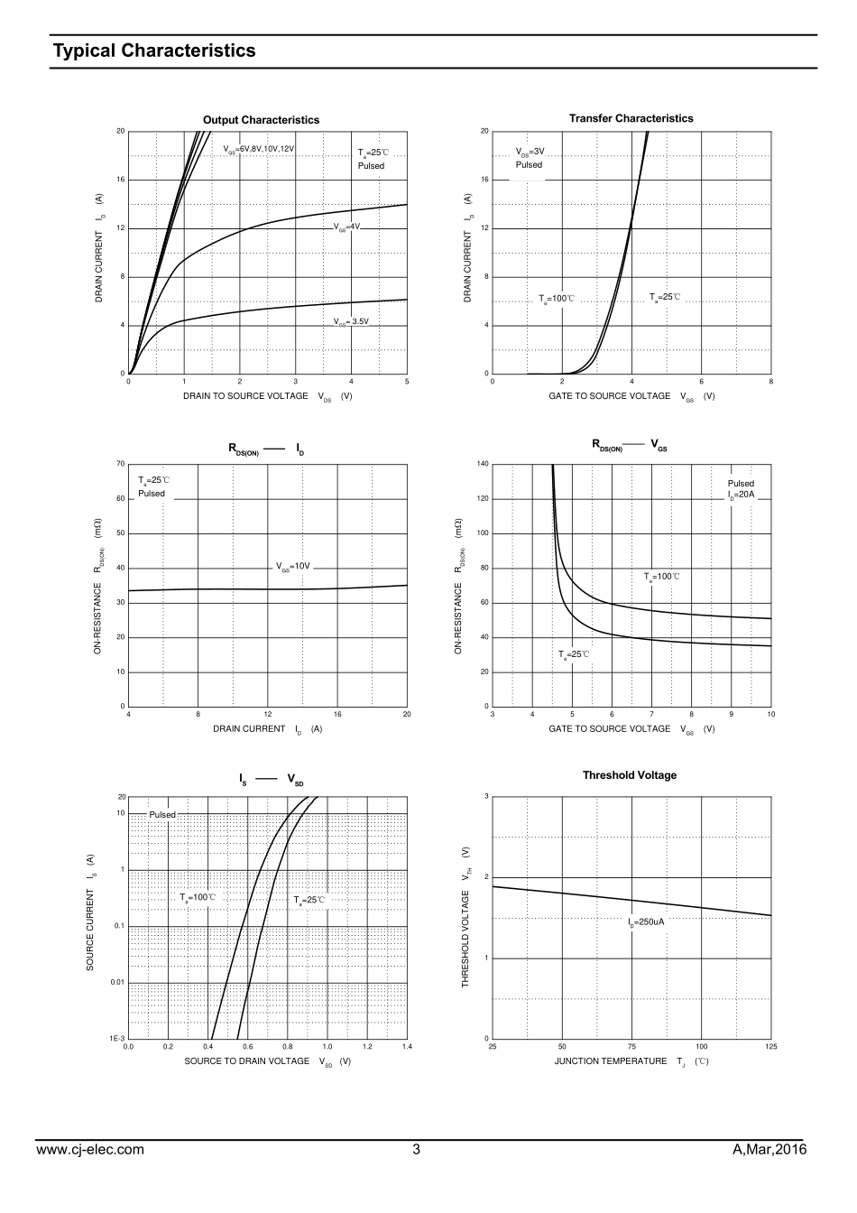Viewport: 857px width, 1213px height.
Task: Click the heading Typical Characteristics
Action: click(154, 51)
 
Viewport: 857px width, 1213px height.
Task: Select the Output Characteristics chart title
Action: click(261, 120)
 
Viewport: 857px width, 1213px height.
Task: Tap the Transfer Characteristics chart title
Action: click(631, 118)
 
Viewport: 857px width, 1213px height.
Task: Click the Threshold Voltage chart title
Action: click(629, 775)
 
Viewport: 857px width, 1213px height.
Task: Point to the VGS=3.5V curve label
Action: click(351, 321)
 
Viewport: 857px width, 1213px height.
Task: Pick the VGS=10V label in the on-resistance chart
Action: click(293, 567)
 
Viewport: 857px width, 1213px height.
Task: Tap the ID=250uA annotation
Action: click(646, 922)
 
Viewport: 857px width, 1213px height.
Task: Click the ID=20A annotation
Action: click(741, 495)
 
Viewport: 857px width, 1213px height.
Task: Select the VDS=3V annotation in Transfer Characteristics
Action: click(530, 152)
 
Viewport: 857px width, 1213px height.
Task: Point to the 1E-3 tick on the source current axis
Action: click(117, 1039)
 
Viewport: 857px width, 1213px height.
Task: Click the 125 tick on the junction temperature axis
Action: click(770, 1047)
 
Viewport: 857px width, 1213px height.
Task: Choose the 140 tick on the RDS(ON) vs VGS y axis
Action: click(483, 464)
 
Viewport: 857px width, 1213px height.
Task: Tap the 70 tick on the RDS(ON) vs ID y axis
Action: click(121, 464)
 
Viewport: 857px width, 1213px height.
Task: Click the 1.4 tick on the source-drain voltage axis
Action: click(407, 1047)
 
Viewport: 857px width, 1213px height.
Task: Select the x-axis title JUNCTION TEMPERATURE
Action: click(610, 1061)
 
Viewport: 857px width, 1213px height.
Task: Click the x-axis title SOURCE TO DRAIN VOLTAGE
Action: click(246, 1061)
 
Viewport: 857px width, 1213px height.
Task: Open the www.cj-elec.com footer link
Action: click(89, 1150)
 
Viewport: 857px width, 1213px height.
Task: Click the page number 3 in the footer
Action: click(416, 1150)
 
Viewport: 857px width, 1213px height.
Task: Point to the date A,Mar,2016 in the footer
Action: click(769, 1150)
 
